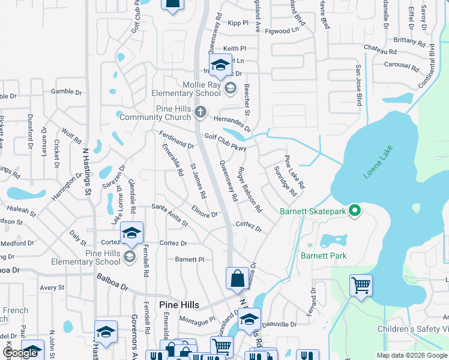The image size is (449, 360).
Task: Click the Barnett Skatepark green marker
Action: (355, 211)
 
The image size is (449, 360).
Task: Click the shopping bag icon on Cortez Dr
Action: (237, 278)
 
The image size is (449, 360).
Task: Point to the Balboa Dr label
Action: (113, 283)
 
